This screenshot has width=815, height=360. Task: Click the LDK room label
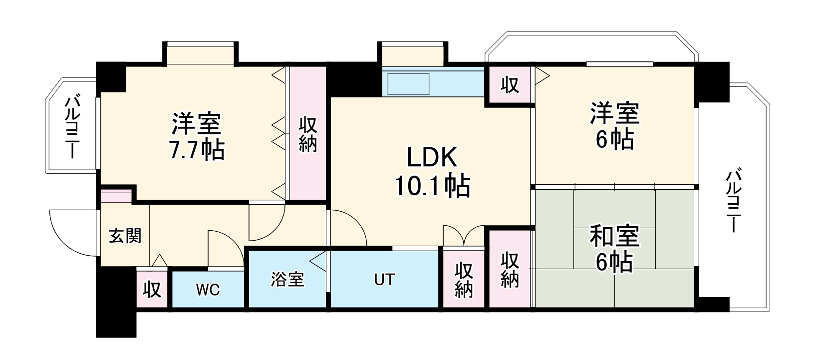click(x=432, y=157)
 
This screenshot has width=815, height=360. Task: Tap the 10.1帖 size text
click(x=432, y=186)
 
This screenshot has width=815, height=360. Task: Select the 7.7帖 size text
click(x=197, y=149)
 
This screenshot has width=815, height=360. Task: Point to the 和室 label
click(x=614, y=237)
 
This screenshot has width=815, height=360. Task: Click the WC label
click(x=208, y=290)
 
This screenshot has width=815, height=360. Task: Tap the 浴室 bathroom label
click(x=287, y=280)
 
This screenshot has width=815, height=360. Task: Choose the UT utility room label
click(x=384, y=280)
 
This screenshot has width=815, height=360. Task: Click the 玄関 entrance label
click(x=125, y=236)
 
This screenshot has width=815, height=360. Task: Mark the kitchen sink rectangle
click(x=409, y=84)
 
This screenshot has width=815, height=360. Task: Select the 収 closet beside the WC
click(x=152, y=290)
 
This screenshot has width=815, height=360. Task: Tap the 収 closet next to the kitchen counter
click(x=510, y=85)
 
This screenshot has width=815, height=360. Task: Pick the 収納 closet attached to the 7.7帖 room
click(x=308, y=133)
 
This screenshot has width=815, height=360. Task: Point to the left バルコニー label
click(x=72, y=126)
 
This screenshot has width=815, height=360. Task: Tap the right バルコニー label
click(x=734, y=200)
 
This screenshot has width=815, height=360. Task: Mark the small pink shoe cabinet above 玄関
click(x=116, y=196)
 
